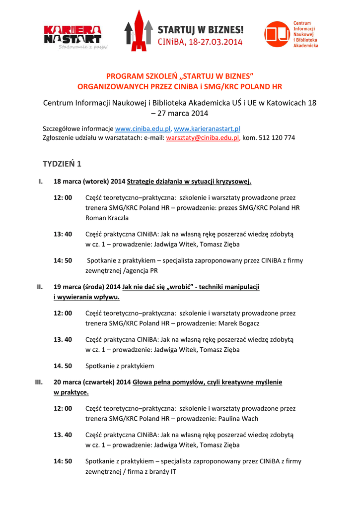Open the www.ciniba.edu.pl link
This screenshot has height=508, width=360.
click(143, 129)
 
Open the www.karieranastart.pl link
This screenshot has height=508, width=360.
click(207, 129)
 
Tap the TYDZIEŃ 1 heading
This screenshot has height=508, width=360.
click(62, 164)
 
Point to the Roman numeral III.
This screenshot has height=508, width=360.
click(38, 382)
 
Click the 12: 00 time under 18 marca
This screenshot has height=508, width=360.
click(63, 197)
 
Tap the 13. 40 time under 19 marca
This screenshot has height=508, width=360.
click(63, 339)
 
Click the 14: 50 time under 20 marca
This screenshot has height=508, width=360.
click(63, 461)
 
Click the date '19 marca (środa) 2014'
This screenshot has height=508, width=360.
click(87, 287)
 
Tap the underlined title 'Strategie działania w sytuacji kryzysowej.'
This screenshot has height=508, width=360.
click(189, 181)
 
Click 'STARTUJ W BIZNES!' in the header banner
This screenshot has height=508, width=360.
click(200, 30)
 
